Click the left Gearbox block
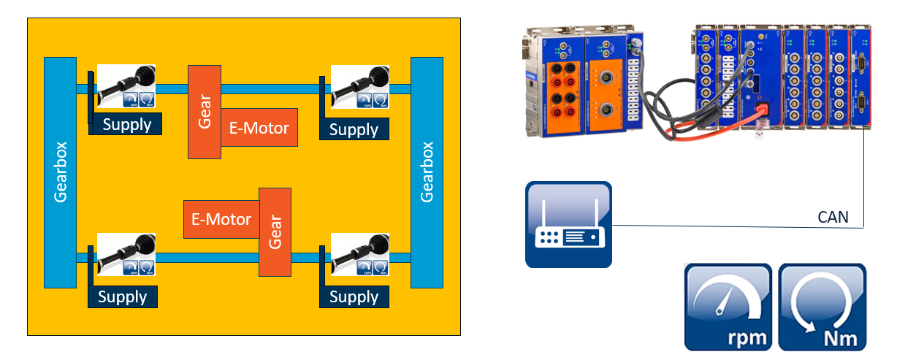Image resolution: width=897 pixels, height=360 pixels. pyautogui.click(x=60, y=172)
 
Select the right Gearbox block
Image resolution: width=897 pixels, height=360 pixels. pyautogui.click(x=427, y=172)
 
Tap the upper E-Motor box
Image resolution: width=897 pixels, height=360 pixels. pyautogui.click(x=259, y=127)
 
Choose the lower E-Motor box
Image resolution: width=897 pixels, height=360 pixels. pyautogui.click(x=221, y=220)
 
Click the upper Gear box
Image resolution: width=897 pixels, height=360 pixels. pyautogui.click(x=205, y=112)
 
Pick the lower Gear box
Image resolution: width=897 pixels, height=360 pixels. pyautogui.click(x=275, y=232)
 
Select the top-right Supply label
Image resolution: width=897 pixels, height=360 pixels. pyautogui.click(x=354, y=129)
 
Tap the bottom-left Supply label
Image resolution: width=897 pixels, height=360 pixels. pyautogui.click(x=123, y=296)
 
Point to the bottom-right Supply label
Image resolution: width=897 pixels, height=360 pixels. pyautogui.click(x=354, y=296)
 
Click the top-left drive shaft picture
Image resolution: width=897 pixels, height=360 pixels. pyautogui.click(x=126, y=86)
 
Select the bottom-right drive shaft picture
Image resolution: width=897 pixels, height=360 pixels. pyautogui.click(x=360, y=254)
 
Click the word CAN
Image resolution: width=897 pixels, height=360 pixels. pyautogui.click(x=833, y=217)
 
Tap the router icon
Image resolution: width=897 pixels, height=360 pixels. pyautogui.click(x=568, y=224)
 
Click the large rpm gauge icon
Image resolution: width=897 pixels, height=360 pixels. pyautogui.click(x=728, y=307)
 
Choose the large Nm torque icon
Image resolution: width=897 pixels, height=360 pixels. pyautogui.click(x=822, y=307)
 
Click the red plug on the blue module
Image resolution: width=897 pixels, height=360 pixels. pyautogui.click(x=763, y=108)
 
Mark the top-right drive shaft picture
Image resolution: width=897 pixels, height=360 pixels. pyautogui.click(x=360, y=86)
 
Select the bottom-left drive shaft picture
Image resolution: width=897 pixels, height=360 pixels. pyautogui.click(x=126, y=254)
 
